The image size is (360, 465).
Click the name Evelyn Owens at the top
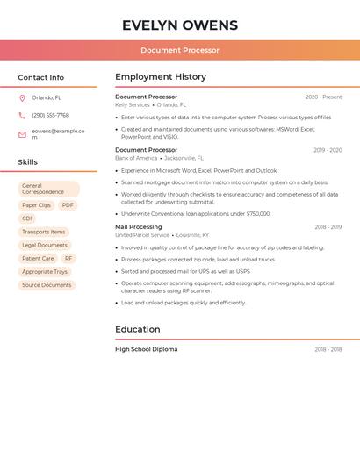[x=180, y=25]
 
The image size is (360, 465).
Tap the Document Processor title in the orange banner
[x=180, y=50]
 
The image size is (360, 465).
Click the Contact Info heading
[x=41, y=77]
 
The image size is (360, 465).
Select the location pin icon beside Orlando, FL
[x=22, y=98]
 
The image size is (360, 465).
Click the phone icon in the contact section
[x=22, y=115]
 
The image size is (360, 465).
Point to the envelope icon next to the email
[x=22, y=134]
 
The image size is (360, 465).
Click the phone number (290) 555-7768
[x=50, y=115]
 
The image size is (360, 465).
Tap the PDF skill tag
[x=68, y=205]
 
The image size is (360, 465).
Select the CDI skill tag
[x=27, y=218]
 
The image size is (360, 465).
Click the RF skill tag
[x=68, y=259]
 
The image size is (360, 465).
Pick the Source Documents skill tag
[x=47, y=285]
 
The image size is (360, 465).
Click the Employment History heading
[x=161, y=77]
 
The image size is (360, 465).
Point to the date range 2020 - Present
[x=323, y=97]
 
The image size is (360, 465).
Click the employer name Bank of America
[x=136, y=158]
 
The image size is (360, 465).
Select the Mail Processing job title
[x=140, y=227]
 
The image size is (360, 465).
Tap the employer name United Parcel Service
[x=142, y=235]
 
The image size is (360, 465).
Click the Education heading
[x=138, y=330]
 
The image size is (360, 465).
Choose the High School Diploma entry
[x=146, y=349]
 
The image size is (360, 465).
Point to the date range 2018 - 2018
[x=328, y=349]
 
